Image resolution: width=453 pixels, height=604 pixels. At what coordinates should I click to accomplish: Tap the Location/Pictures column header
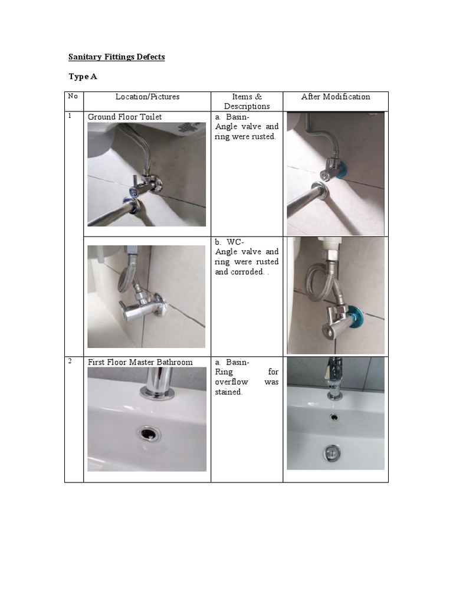pos(147,97)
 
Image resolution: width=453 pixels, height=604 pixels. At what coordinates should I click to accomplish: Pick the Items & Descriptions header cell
pos(247,101)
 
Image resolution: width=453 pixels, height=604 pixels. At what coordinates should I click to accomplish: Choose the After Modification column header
pos(335,97)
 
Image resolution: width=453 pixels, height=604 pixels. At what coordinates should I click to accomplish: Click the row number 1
pos(70,116)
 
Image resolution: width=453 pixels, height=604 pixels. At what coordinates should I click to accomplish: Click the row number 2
pos(70,361)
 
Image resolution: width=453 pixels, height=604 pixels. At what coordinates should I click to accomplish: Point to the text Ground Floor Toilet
pos(124,117)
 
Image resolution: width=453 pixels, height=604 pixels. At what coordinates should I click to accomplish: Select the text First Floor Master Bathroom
pos(140,362)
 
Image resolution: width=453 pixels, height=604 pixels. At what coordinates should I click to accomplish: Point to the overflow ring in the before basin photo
pos(147,434)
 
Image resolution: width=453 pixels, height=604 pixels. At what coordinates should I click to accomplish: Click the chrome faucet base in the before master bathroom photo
pos(158,392)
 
